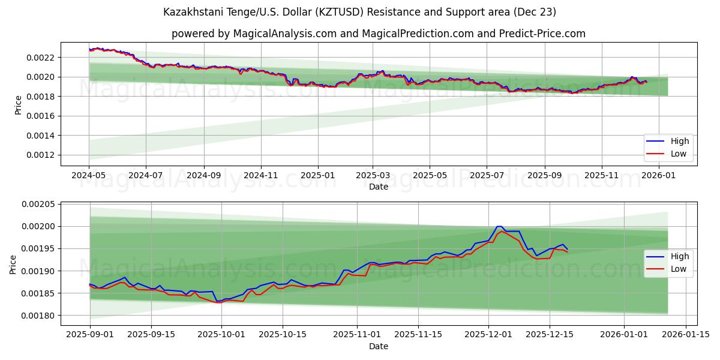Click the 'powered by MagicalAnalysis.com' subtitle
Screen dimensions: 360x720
(x=378, y=34)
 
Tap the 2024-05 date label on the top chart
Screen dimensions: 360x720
(x=89, y=175)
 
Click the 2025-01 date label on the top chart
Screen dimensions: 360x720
(x=317, y=175)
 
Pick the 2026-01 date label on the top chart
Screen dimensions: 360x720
(x=659, y=175)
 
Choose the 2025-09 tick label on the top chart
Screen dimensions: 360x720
(x=545, y=175)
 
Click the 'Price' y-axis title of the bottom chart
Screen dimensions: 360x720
(x=13, y=264)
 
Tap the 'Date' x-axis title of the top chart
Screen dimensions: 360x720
(x=378, y=187)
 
